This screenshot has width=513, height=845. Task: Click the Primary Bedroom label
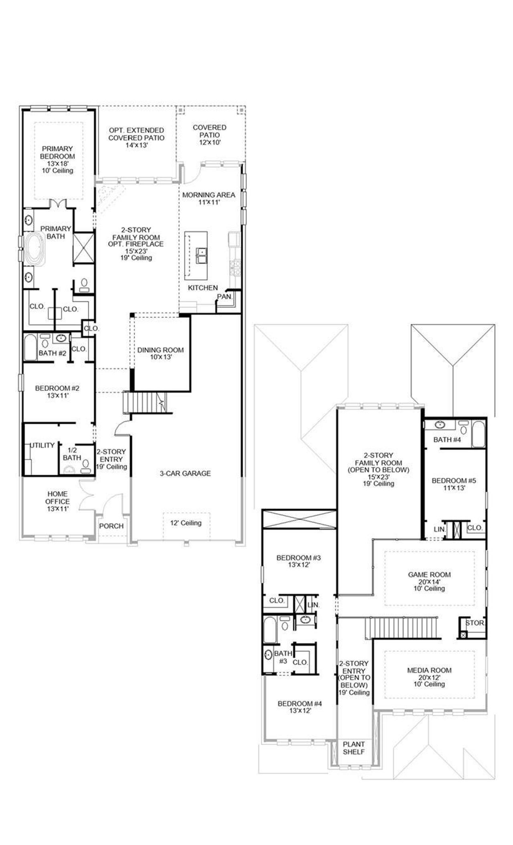click(x=57, y=159)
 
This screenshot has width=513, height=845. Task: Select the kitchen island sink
click(x=201, y=256)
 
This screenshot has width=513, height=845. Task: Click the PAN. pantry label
click(x=224, y=297)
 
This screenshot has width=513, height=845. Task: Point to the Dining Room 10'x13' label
click(x=160, y=353)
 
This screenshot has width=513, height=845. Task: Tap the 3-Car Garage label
click(x=185, y=473)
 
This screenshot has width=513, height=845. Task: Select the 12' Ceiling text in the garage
click(x=186, y=523)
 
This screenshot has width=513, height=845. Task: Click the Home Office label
click(x=57, y=501)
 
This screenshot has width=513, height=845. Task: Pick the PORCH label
click(x=111, y=526)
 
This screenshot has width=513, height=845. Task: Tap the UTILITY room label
click(x=42, y=445)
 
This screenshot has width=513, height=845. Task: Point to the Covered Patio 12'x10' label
click(x=210, y=135)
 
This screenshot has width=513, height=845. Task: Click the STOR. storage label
click(x=475, y=623)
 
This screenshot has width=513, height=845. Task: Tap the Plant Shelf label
click(x=353, y=748)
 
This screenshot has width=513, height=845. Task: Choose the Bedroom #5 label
click(x=454, y=484)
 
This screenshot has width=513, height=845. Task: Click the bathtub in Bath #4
click(x=478, y=434)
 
